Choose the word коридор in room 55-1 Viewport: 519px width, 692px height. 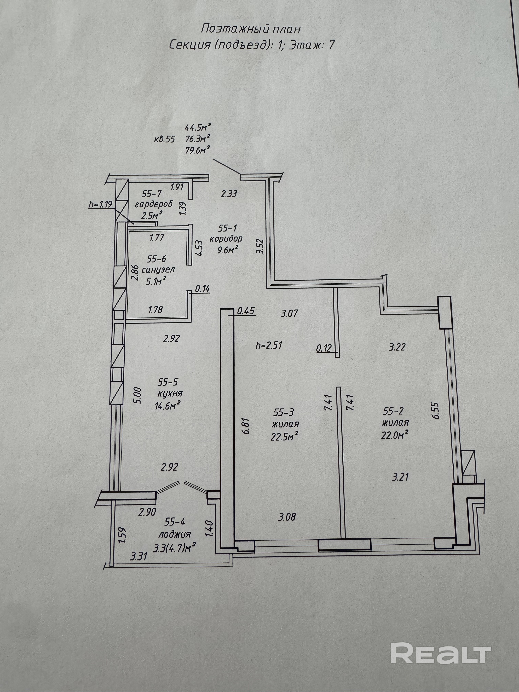coord(226,239)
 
